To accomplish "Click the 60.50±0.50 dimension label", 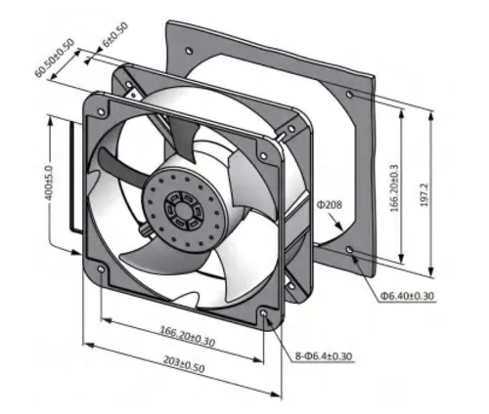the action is point(55,58).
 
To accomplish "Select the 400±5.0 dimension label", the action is point(49,183).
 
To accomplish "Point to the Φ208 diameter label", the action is point(330,205).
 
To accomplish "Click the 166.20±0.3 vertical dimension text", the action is point(394,187).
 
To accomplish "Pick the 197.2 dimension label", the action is point(423,194).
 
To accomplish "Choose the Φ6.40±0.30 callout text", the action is point(407,296).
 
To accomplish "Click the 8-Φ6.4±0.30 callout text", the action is point(324,356).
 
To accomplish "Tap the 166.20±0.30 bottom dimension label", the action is point(188,336).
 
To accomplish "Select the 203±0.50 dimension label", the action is point(184,364).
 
